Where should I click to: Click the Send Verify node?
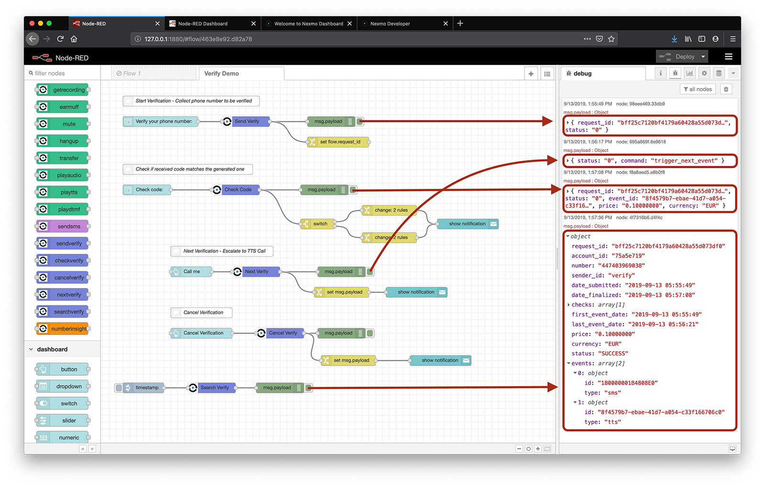tap(246, 121)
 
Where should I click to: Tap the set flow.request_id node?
tap(338, 141)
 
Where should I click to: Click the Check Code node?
tap(236, 189)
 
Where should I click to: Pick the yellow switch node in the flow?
tap(317, 224)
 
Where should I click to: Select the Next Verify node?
tap(256, 271)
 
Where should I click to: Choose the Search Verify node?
tap(212, 388)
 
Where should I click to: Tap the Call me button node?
tap(191, 271)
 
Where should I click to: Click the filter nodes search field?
tap(63, 73)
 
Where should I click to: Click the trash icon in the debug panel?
tap(726, 89)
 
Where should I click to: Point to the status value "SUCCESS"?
tap(613, 353)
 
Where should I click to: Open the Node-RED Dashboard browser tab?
tap(212, 23)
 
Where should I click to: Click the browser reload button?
tap(60, 39)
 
